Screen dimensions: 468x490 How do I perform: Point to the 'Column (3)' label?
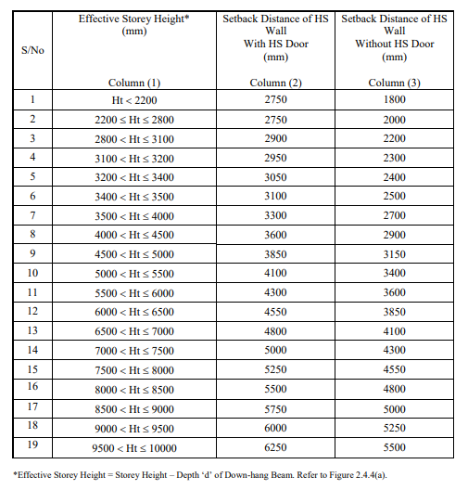click(394, 83)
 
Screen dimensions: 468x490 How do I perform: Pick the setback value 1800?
click(394, 100)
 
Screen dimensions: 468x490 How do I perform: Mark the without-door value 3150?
click(394, 254)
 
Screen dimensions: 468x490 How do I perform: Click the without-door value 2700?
click(394, 215)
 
